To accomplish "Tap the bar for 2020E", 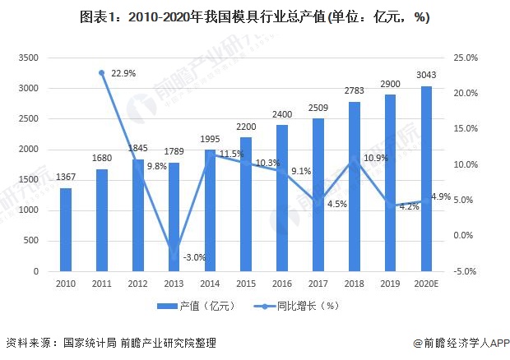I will point(426,178).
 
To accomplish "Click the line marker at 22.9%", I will point(101,73).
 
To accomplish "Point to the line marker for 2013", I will point(174,248).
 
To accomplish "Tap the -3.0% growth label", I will point(194,257).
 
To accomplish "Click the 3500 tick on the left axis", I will point(29,58).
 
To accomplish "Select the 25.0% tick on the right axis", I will point(465,58).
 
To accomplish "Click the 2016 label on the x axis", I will point(282,284).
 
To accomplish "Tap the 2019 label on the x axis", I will point(390,284).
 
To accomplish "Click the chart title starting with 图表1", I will point(254,17).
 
